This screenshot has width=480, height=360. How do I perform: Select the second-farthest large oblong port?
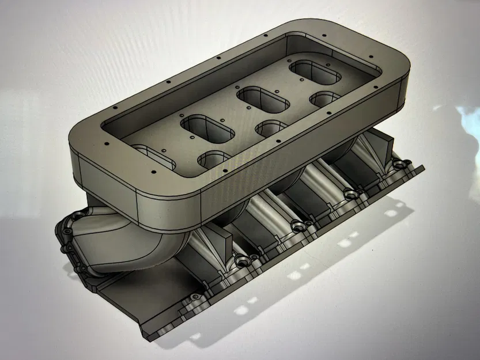coord(264,99)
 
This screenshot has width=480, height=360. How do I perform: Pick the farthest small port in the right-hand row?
coord(326,99)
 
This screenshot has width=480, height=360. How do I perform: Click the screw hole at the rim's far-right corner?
coord(370,57)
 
